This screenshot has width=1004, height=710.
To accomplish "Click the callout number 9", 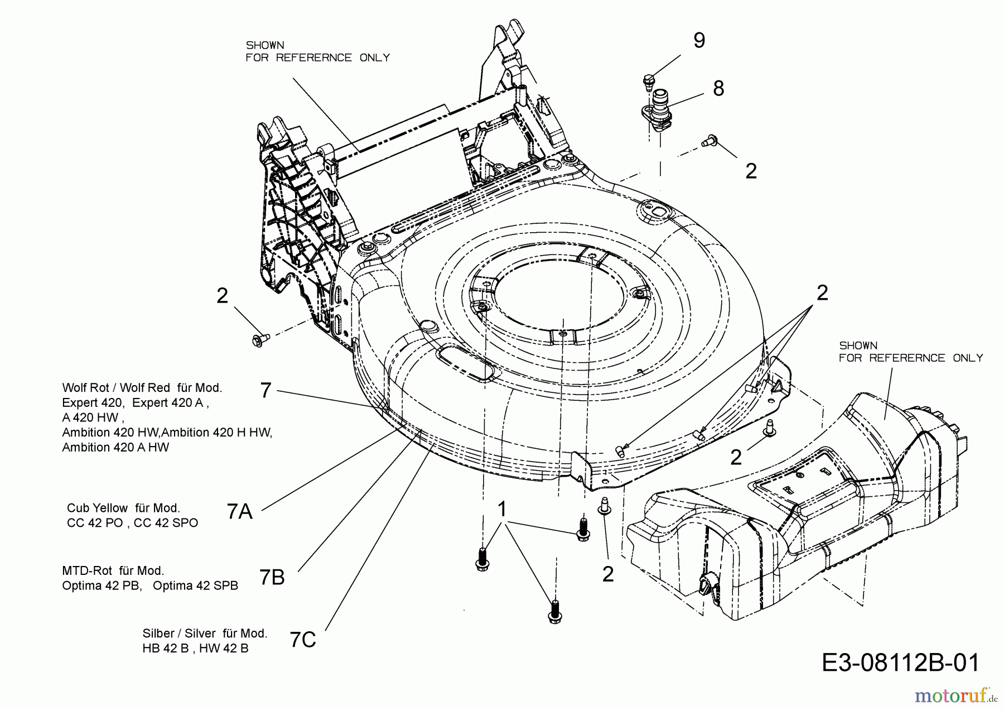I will pyautogui.click(x=699, y=40).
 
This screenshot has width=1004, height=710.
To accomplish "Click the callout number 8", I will pyautogui.click(x=718, y=88).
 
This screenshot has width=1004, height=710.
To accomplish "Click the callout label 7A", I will pyautogui.click(x=240, y=511).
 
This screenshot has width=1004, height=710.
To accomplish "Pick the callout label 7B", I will pyautogui.click(x=272, y=577).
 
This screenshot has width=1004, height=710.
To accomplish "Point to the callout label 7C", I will pyautogui.click(x=303, y=640).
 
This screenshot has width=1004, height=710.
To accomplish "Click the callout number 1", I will pyautogui.click(x=502, y=509).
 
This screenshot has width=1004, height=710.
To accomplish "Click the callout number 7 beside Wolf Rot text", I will pyautogui.click(x=266, y=390).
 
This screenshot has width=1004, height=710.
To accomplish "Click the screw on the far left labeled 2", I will pyautogui.click(x=260, y=339).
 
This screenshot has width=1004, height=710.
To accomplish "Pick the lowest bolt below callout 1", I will pyautogui.click(x=555, y=612).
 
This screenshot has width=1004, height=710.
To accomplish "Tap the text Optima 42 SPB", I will pyautogui.click(x=195, y=586).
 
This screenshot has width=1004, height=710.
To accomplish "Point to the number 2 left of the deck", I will pyautogui.click(x=223, y=296).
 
